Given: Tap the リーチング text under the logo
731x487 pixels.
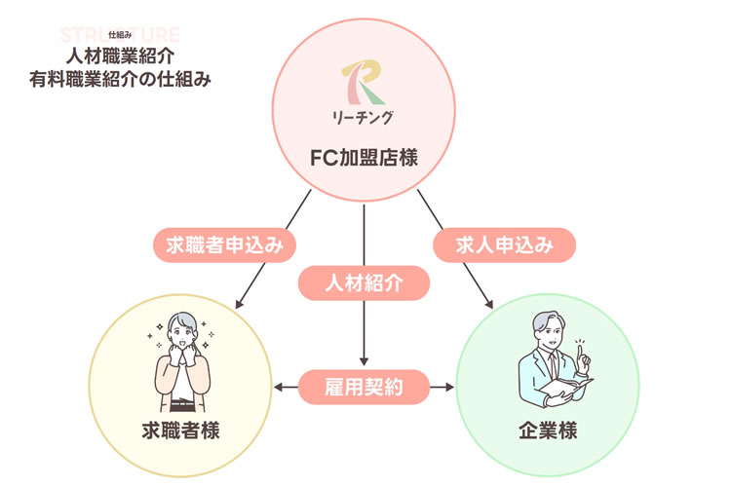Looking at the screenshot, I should [363, 119].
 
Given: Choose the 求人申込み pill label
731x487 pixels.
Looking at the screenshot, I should [505, 244].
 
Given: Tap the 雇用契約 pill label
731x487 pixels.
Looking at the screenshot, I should [364, 388].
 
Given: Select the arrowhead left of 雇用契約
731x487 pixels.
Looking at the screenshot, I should [279, 388].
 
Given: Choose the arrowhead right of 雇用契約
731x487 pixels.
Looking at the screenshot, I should [449, 388].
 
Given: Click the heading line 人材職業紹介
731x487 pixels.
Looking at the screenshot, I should [121, 56].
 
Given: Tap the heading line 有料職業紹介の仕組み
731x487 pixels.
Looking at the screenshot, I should [121, 77].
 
